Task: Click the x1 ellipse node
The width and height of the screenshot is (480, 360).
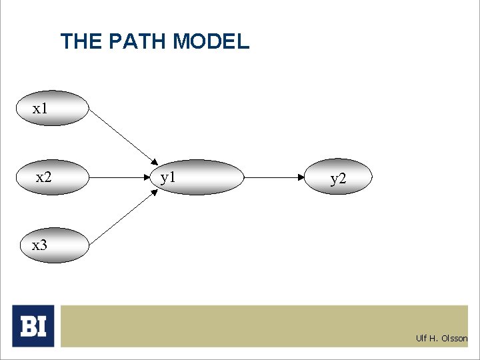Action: tap(52, 109)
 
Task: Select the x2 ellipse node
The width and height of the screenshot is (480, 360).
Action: tap(52, 177)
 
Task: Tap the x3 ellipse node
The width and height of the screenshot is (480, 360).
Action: tap(52, 245)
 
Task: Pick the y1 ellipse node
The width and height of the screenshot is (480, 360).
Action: tap(201, 177)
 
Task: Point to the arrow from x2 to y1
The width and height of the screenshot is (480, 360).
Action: tap(123, 178)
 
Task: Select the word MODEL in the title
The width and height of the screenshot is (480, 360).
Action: tap(210, 42)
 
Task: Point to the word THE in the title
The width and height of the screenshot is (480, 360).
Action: tap(79, 42)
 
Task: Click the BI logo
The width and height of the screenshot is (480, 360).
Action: tap(33, 325)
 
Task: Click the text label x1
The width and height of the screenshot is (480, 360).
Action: tap(41, 109)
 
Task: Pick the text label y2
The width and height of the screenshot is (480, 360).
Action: tap(338, 179)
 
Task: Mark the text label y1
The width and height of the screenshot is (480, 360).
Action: tap(168, 177)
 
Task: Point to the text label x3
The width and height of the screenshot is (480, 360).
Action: tap(40, 245)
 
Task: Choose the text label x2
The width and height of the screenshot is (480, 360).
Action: tap(43, 177)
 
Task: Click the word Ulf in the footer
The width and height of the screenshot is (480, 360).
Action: tap(421, 339)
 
